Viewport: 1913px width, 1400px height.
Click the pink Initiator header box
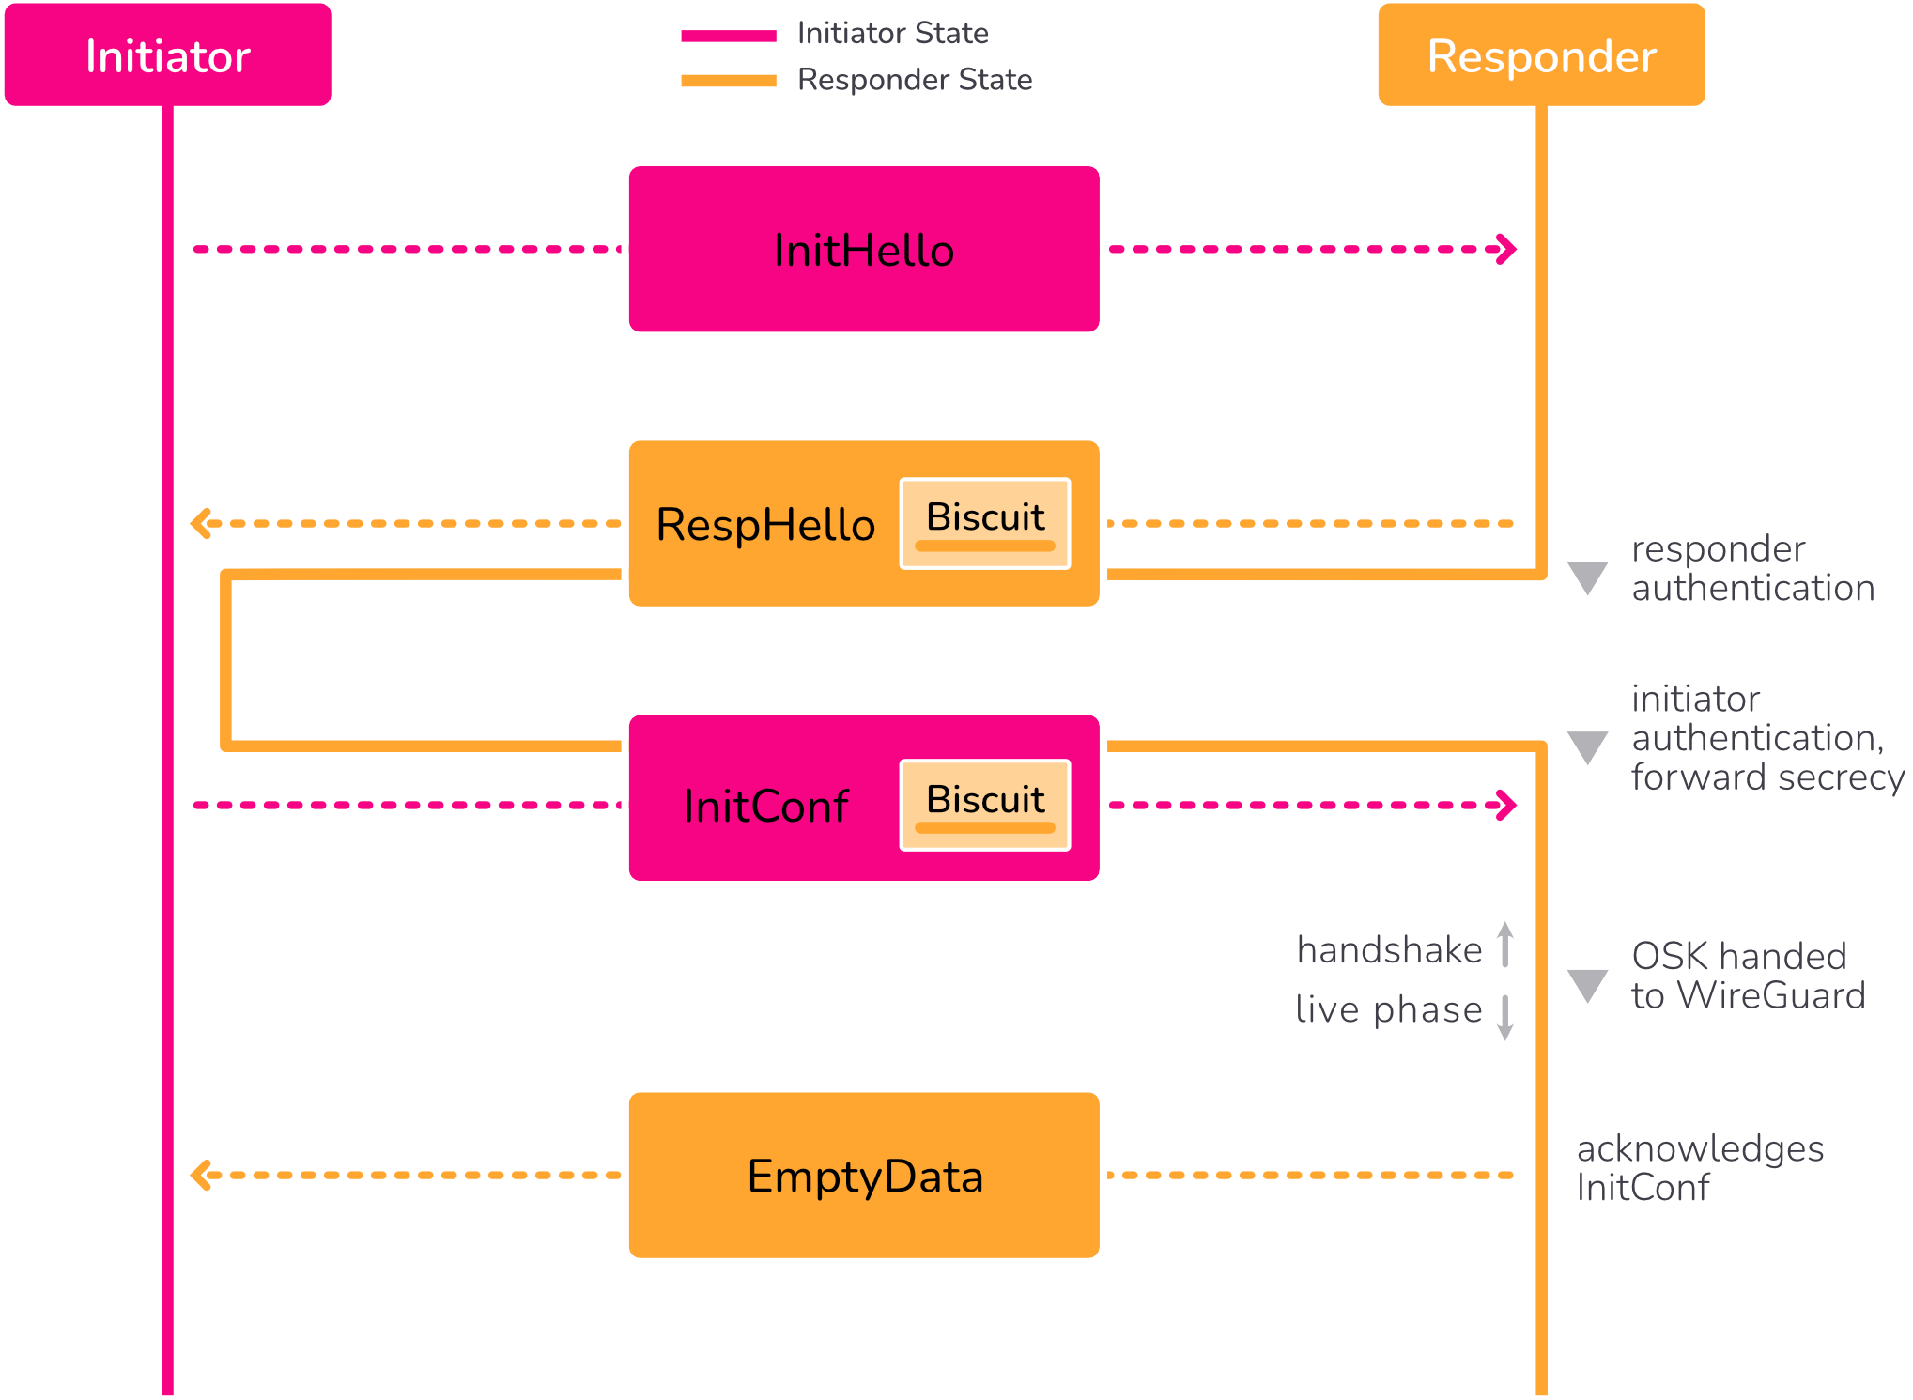[x=167, y=54]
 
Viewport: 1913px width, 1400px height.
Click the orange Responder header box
[x=1540, y=54]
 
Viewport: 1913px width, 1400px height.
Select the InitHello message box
[x=863, y=250]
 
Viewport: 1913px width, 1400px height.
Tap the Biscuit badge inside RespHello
[x=985, y=523]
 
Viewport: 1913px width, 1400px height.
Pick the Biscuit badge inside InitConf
[x=985, y=805]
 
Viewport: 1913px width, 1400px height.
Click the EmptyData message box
[x=863, y=1176]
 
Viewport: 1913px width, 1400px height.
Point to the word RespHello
[x=765, y=525]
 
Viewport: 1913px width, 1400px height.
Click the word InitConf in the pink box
[x=765, y=807]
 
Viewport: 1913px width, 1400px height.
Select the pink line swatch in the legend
[x=729, y=36]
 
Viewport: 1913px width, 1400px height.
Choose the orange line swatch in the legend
[x=729, y=81]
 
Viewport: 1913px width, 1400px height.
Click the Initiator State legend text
[x=892, y=34]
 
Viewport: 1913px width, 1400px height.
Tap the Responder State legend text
[x=914, y=80]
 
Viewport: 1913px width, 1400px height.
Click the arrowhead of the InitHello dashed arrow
[x=1507, y=250]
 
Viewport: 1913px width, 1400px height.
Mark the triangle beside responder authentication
[x=1587, y=577]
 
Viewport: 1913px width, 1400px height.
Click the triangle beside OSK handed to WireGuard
[x=1587, y=984]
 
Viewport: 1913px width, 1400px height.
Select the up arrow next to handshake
[x=1505, y=944]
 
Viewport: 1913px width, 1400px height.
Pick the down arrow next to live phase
[x=1505, y=1018]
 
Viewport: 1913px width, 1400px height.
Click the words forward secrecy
[x=1767, y=777]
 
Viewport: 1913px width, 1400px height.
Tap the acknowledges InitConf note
[x=1699, y=1168]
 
